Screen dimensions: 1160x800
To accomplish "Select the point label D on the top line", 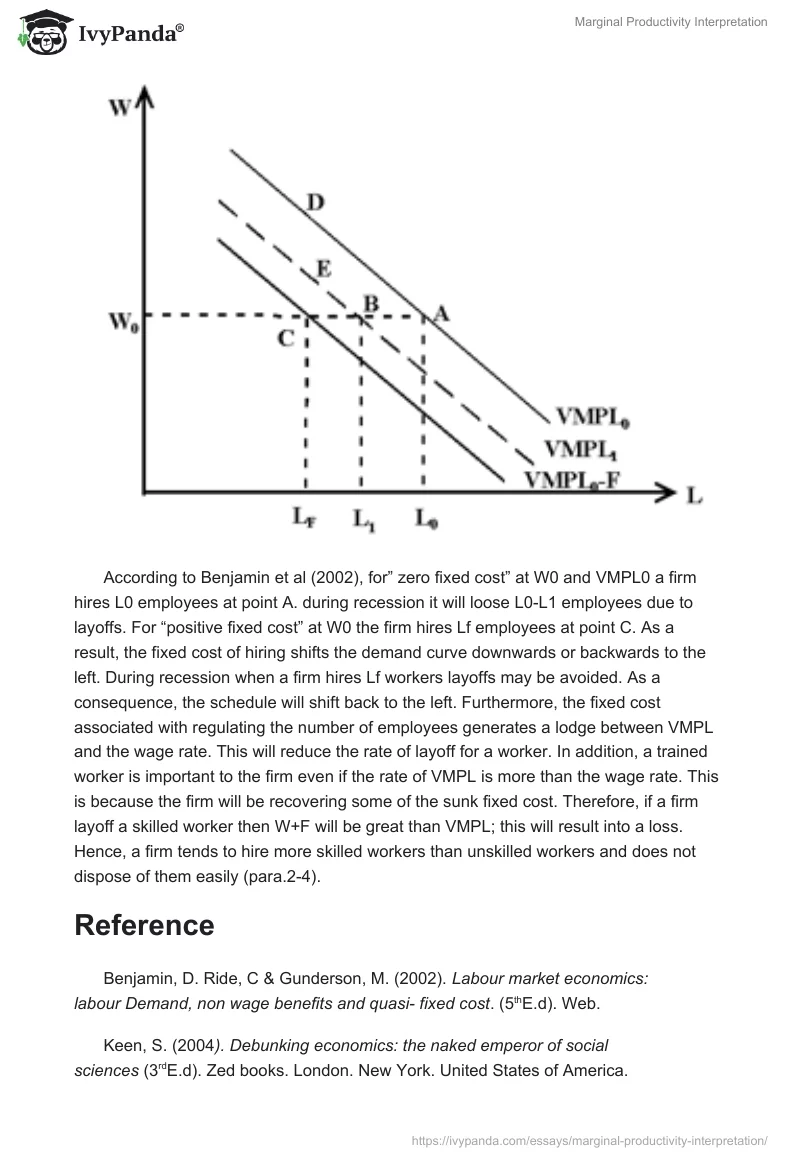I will [x=315, y=203].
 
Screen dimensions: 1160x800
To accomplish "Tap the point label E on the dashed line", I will [x=323, y=268].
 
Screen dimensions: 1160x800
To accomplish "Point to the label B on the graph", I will [x=369, y=302].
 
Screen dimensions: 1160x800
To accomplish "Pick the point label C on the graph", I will [x=286, y=338].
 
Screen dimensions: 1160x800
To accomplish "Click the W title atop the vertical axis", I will [x=119, y=106].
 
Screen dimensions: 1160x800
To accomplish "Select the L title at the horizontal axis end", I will [x=693, y=494].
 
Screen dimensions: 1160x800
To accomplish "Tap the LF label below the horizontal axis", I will [x=305, y=517].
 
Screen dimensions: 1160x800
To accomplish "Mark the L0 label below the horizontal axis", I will [x=427, y=518].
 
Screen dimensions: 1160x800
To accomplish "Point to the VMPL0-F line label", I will [x=574, y=478].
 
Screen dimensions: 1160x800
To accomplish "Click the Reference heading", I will [x=144, y=925].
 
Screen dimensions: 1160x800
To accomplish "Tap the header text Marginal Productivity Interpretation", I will [x=670, y=22].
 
